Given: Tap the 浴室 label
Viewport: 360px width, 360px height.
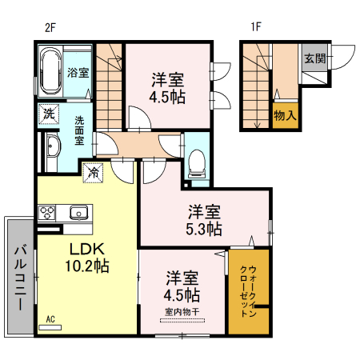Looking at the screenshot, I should point(78,73).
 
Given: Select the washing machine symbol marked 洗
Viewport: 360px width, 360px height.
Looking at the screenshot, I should point(49,114).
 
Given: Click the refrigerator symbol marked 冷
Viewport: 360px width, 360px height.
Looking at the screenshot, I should point(94,171).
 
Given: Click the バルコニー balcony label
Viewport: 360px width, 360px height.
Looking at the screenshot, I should point(18,272).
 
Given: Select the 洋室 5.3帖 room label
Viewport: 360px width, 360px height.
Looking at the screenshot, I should point(204,220).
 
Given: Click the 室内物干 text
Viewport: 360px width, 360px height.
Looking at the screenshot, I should point(182,310).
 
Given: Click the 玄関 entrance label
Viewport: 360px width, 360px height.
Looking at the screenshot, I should point(314,58).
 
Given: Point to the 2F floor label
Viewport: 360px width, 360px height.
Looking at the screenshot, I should point(50,26).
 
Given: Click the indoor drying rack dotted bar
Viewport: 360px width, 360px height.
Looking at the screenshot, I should point(182,321).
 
